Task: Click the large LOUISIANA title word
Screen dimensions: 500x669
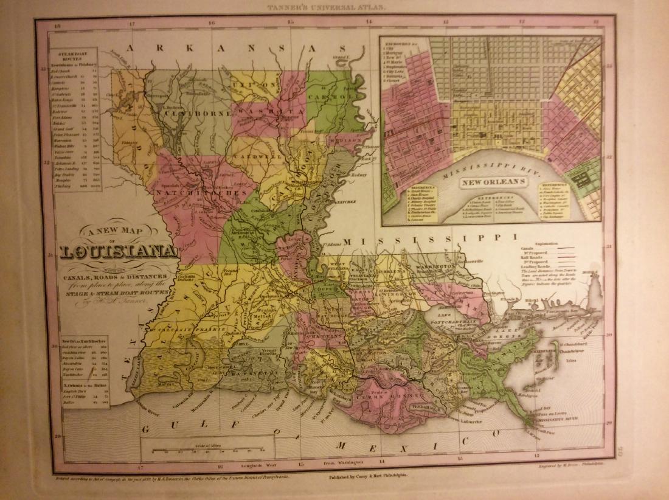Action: coord(119,252)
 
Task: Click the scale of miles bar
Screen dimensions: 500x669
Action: coord(207,451)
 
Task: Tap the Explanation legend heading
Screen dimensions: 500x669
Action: coord(547,241)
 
